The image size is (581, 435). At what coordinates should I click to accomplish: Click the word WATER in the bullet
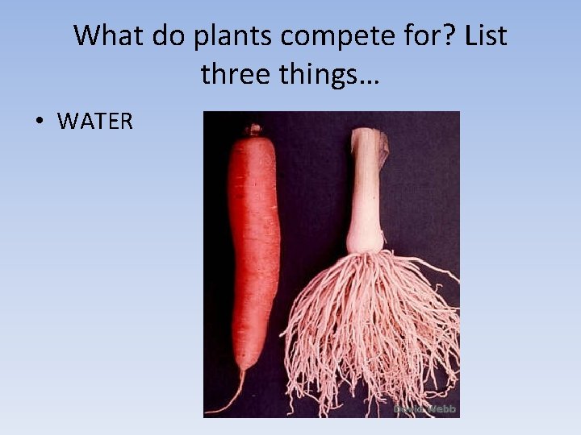click(x=95, y=122)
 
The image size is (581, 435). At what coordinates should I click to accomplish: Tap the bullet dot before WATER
click(x=38, y=122)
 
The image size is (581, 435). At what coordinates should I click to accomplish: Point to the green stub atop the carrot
click(x=254, y=129)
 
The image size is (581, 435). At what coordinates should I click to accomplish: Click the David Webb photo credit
click(x=424, y=409)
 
